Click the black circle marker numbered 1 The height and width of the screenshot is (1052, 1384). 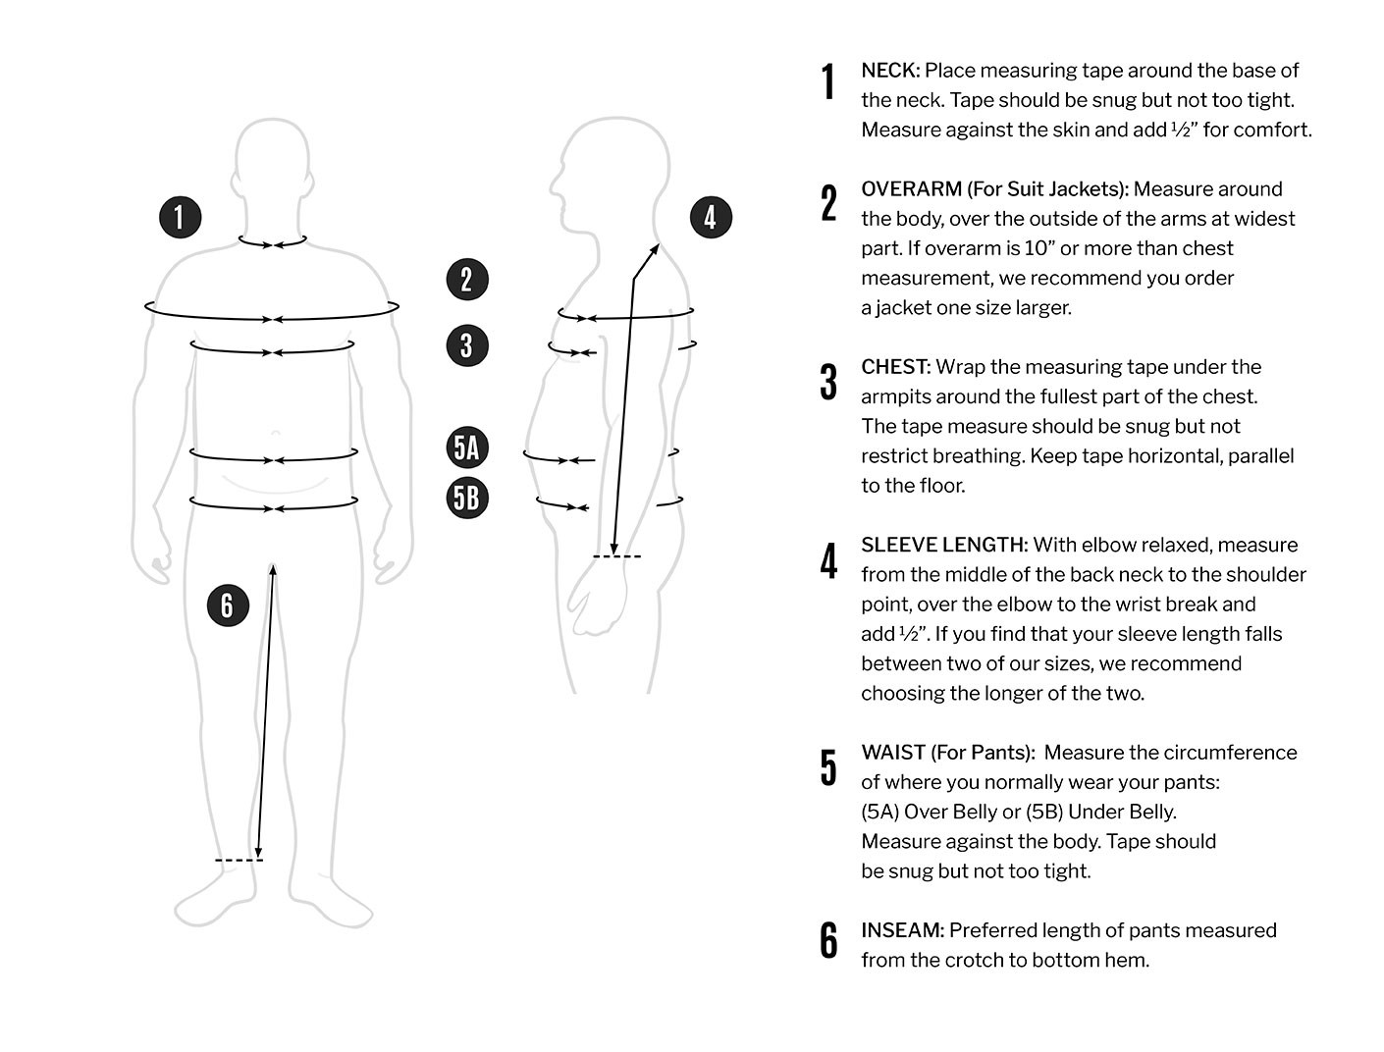[180, 216]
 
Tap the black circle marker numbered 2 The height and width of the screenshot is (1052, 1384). [467, 279]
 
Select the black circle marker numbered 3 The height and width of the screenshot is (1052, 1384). [467, 344]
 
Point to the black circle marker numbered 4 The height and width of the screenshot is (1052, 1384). [711, 217]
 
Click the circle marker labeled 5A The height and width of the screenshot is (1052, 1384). [467, 447]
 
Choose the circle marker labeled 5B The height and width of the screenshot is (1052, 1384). [467, 498]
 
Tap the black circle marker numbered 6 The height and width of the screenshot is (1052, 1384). [228, 605]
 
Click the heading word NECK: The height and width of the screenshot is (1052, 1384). [889, 71]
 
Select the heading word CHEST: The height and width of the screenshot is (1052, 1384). [895, 367]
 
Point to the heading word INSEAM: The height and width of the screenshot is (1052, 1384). [902, 930]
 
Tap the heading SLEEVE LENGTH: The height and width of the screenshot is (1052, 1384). [944, 545]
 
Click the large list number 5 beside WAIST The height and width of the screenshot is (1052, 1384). [828, 767]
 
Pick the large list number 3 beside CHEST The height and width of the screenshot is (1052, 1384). [828, 382]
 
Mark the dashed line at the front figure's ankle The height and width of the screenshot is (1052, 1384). [239, 861]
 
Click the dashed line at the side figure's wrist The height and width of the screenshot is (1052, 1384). [616, 556]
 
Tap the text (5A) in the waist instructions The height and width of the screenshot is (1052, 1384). [879, 812]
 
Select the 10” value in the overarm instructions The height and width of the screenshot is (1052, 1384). [1032, 248]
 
